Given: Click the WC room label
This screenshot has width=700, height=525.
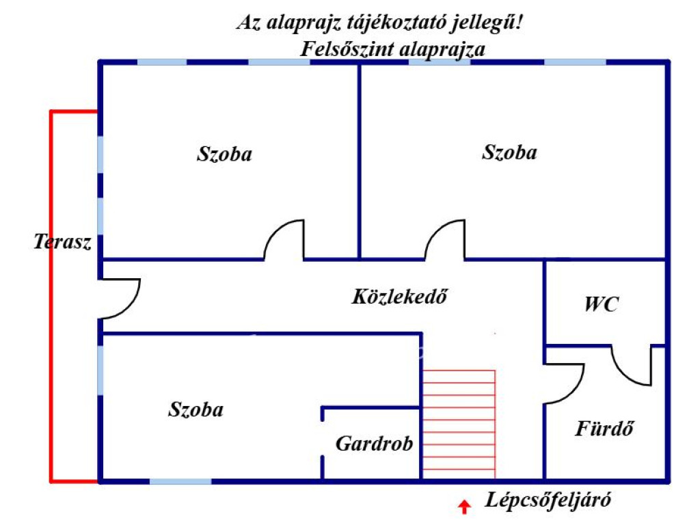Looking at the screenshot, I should point(601,305).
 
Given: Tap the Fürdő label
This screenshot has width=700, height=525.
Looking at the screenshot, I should point(604,429).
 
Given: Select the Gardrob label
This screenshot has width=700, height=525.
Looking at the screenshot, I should point(374,444).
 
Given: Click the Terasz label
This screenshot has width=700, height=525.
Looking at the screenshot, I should point(62,242).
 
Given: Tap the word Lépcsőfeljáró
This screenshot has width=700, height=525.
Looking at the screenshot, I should point(548,500).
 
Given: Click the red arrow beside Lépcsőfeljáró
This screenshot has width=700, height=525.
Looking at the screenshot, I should point(465,507).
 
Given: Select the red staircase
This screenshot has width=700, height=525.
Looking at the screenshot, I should point(459,423).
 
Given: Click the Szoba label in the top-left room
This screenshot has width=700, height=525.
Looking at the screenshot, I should point(224,154).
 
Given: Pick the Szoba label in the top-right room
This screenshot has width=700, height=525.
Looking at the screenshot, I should point(509,152).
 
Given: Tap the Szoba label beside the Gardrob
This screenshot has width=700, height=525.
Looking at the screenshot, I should point(196,410).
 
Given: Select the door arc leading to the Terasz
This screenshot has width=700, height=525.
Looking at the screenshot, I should point(122,299).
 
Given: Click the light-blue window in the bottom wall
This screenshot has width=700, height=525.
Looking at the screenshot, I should point(180,481).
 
